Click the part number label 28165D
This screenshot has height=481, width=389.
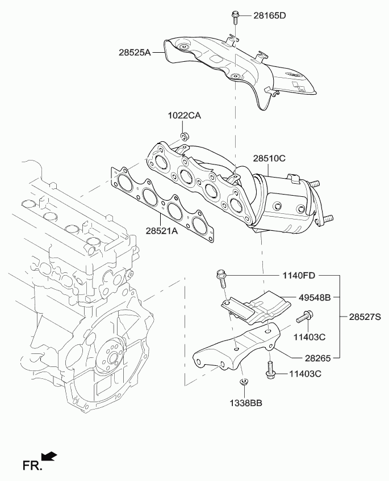pos(270,15)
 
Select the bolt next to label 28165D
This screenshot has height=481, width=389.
pos(235,18)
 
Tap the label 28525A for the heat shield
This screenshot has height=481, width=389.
pos(135,53)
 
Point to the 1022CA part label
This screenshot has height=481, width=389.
pos(184,115)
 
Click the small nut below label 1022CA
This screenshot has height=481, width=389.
pos(185,135)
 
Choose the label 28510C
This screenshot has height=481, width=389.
pos(269,158)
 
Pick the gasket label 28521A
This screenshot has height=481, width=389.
pos(162,231)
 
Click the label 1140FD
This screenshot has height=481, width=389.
pos(299,276)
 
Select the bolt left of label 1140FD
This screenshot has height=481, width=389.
pos(221,279)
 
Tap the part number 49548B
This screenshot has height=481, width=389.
pos(315,297)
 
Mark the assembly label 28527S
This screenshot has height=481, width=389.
pos(365,317)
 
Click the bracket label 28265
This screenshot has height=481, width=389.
pos(318,358)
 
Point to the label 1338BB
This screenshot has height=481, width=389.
pos(246,403)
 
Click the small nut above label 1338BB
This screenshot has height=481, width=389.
pos(244,382)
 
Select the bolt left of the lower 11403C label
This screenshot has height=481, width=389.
pos(269,370)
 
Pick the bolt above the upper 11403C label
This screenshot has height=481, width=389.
pos(304,317)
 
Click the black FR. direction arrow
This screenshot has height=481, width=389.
pos(49,456)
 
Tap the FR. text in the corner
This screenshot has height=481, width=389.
pos(32,466)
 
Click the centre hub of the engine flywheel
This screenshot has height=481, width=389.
pos(112,358)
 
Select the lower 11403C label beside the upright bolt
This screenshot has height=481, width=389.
pos(306,374)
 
